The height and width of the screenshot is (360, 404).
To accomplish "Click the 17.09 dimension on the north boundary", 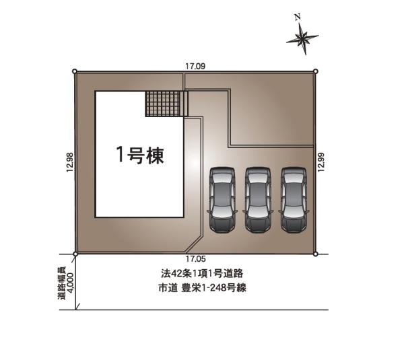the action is pyautogui.click(x=195, y=67).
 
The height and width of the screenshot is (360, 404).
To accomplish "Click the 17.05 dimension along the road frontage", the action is pyautogui.click(x=196, y=259).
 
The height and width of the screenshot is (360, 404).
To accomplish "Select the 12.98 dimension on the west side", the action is pyautogui.click(x=70, y=162).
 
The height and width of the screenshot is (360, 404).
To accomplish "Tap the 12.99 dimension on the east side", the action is pyautogui.click(x=321, y=162).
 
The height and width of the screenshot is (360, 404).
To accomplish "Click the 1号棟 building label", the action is pyautogui.click(x=140, y=155).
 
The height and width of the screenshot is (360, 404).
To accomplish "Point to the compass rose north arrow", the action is pyautogui.click(x=302, y=38).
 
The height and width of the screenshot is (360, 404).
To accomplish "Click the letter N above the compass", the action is pyautogui.click(x=298, y=17).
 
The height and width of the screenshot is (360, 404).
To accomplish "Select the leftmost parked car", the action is pyautogui.click(x=222, y=200).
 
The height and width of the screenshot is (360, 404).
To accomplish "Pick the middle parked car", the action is pyautogui.click(x=258, y=200).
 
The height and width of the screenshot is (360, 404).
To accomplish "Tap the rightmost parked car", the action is pyautogui.click(x=294, y=200).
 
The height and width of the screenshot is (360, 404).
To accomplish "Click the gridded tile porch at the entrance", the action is pyautogui.click(x=167, y=104).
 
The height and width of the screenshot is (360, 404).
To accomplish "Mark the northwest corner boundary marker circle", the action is pyautogui.click(x=75, y=71).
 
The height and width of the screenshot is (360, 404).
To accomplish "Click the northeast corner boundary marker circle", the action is pyautogui.click(x=316, y=71).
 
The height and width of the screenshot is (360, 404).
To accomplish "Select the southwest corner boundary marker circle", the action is pyautogui.click(x=75, y=254).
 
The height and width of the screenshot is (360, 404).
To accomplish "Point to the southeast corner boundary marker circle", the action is pyautogui.click(x=316, y=254).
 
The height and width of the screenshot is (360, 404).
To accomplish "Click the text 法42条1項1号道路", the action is pyautogui.click(x=202, y=273).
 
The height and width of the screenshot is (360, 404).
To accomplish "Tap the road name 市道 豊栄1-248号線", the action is pyautogui.click(x=202, y=287).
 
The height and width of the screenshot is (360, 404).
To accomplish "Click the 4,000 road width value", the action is pyautogui.click(x=70, y=283).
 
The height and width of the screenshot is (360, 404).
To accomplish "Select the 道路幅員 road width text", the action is pyautogui.click(x=61, y=283).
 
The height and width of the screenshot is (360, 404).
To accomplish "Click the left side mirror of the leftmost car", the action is pyautogui.click(x=209, y=212).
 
